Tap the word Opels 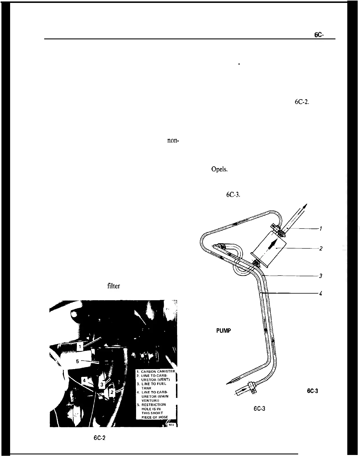click(x=220, y=169)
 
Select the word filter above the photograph click(x=113, y=286)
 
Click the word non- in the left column click(x=173, y=141)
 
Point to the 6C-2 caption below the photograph click(x=99, y=438)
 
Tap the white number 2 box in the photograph click(x=112, y=392)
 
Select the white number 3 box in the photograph click(x=102, y=385)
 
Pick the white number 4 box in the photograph click(x=84, y=381)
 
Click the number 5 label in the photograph click(x=77, y=361)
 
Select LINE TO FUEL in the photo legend click(x=153, y=384)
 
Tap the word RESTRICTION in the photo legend click(x=153, y=405)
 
